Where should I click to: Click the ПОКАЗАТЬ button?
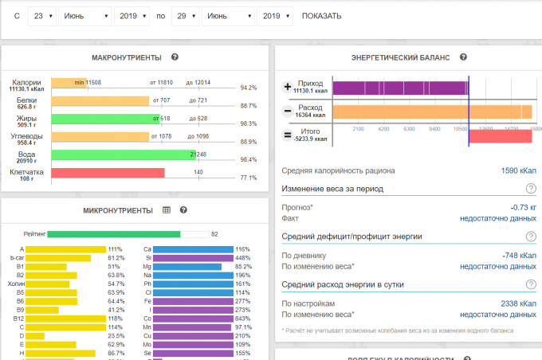click(322, 16)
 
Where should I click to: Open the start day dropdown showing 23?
click(41, 16)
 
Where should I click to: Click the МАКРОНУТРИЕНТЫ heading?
click(127, 57)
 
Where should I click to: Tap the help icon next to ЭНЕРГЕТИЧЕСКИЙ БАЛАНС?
click(462, 57)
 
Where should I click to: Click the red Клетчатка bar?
click(108, 172)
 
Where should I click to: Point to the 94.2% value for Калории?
click(248, 88)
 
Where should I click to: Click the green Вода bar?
click(124, 155)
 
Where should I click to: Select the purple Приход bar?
click(399, 88)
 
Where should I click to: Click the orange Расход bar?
click(431, 112)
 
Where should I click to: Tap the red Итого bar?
click(500, 135)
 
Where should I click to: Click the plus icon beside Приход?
click(288, 87)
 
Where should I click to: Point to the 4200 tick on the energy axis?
click(383, 127)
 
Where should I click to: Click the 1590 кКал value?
click(518, 170)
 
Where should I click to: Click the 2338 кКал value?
click(518, 303)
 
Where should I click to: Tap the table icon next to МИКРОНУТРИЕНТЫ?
click(167, 210)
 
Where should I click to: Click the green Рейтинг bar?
click(113, 234)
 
